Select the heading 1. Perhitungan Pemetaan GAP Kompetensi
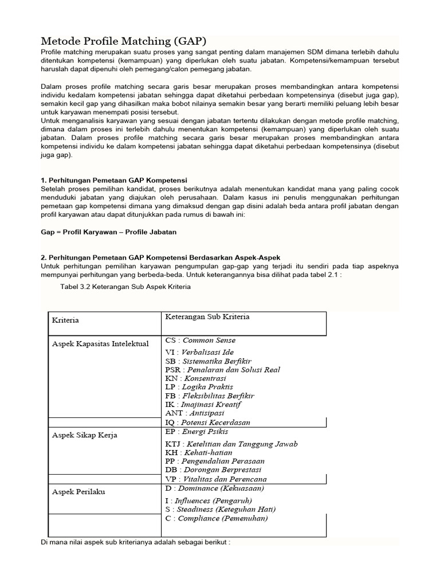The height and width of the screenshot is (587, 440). pos(114,180)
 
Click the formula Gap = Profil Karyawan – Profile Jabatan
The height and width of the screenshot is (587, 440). pos(109,232)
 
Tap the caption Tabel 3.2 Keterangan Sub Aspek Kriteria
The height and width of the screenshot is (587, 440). pos(125,287)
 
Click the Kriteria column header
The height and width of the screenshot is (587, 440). pos(65,320)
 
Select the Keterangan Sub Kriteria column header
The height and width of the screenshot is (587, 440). pos(207,317)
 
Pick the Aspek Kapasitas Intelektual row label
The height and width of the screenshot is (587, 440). pos(100,343)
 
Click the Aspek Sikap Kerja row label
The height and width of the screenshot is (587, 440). pos(84,435)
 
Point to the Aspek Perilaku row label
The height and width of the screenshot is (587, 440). pos(78,492)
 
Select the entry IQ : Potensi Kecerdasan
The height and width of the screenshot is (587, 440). pos(207,422)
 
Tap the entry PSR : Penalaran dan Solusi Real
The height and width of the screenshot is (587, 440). pos(222,370)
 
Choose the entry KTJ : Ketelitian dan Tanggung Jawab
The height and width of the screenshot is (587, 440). pos(231,444)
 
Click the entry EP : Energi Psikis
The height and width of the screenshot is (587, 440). pos(196,431)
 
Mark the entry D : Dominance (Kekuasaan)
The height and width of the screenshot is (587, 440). pos(214,488)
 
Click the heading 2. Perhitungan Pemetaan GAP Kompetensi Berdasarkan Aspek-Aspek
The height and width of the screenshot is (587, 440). pos(160,258)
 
